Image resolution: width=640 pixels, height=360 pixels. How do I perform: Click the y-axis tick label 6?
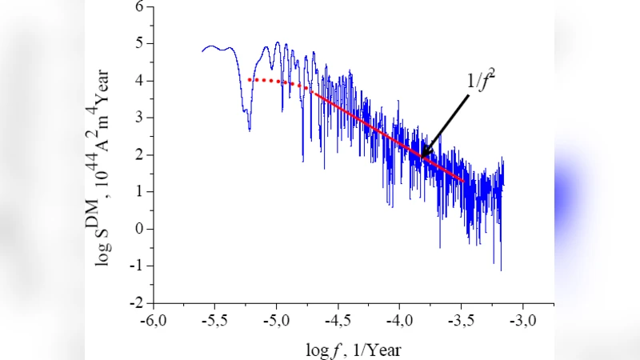(139, 6)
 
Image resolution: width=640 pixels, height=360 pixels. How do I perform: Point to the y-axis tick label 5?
(139, 43)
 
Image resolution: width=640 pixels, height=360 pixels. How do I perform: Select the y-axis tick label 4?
(139, 81)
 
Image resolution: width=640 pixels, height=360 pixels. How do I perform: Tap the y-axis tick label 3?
(139, 118)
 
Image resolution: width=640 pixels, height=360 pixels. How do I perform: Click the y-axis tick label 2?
(139, 155)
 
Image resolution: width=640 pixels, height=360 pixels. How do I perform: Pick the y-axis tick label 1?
(139, 192)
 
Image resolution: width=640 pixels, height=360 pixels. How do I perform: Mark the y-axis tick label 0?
(139, 230)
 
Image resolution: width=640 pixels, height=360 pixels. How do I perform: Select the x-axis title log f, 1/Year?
(353, 349)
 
